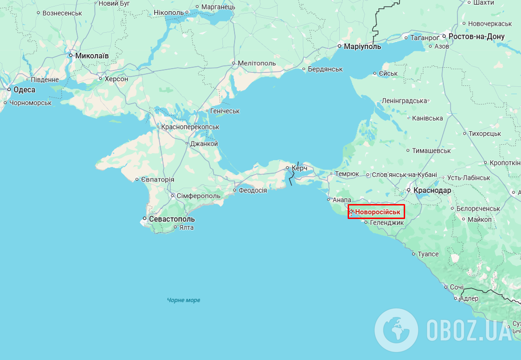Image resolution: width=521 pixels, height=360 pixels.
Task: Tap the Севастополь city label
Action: click(x=171, y=219)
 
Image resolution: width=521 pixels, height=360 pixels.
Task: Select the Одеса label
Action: click(x=24, y=90)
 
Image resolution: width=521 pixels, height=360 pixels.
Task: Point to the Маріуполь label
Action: click(x=362, y=47)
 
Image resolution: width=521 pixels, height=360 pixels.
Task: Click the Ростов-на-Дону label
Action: click(x=477, y=36)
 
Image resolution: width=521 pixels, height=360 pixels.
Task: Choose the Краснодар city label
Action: click(x=432, y=191)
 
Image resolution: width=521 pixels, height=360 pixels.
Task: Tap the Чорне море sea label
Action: click(x=184, y=300)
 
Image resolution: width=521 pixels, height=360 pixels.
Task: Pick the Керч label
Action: click(x=300, y=168)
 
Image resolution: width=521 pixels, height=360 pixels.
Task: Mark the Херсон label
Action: click(x=116, y=79)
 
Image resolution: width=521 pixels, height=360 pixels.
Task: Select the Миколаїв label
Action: click(x=92, y=56)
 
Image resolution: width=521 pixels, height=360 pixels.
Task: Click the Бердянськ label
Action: click(x=325, y=69)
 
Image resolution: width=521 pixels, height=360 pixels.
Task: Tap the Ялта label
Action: click(x=186, y=228)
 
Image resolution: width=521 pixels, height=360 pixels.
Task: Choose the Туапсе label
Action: click(x=428, y=254)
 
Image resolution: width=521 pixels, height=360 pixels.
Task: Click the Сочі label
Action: click(x=457, y=287)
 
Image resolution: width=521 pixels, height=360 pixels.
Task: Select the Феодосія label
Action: click(x=253, y=191)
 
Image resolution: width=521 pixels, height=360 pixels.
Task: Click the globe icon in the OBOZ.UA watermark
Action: click(x=396, y=330)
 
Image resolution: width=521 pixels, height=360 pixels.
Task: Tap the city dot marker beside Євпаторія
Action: click(x=137, y=179)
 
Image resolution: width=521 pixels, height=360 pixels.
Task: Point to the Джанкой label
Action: click(x=204, y=144)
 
